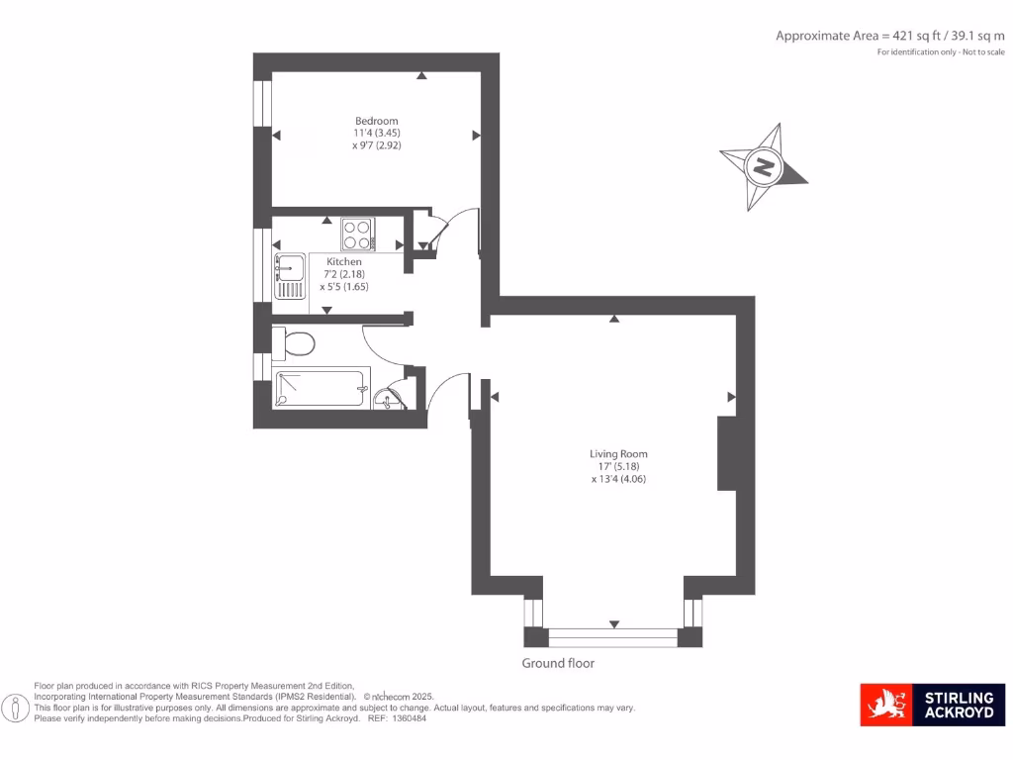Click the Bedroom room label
click(377, 121)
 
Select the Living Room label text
click(618, 454)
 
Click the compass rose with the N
click(764, 166)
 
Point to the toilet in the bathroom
click(295, 343)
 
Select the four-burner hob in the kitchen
click(357, 235)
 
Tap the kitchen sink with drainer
click(289, 276)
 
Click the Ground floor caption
click(559, 663)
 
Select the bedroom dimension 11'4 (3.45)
click(377, 133)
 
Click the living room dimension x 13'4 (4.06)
click(619, 479)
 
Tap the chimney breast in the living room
click(727, 453)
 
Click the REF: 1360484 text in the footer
click(397, 718)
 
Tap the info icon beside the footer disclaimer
click(17, 708)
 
